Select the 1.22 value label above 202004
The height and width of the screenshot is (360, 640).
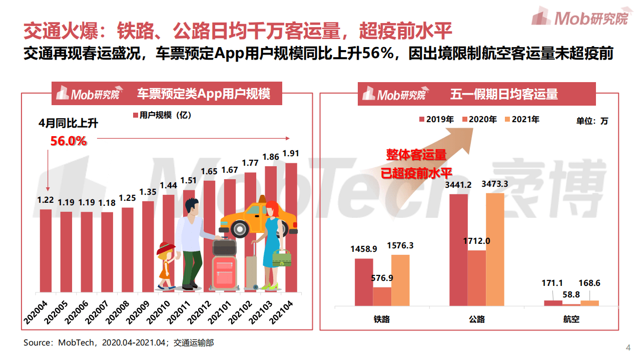(x=46, y=200)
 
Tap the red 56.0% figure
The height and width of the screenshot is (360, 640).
(x=69, y=141)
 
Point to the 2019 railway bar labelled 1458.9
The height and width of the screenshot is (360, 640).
(x=364, y=281)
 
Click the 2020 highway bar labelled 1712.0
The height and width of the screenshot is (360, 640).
(x=476, y=277)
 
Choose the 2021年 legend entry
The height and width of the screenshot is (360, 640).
(x=522, y=119)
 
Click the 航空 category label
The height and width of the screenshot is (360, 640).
(x=571, y=318)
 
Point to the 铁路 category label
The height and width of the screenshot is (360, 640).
(x=382, y=318)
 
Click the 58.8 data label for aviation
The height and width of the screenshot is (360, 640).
(x=571, y=294)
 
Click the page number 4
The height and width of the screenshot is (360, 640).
(x=628, y=348)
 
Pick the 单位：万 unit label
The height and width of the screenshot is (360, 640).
(x=592, y=121)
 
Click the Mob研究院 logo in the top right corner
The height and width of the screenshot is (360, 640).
(x=580, y=18)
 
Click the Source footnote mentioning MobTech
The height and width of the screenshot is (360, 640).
(x=119, y=343)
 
